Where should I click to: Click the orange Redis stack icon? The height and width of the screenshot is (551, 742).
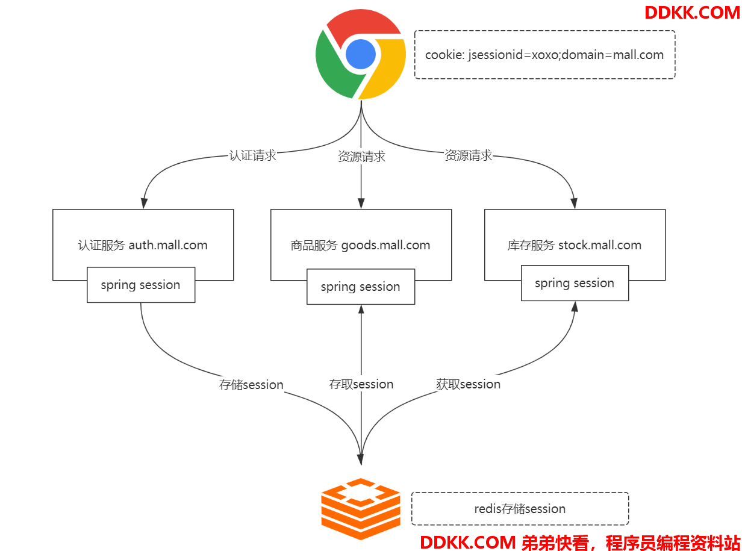[360, 509]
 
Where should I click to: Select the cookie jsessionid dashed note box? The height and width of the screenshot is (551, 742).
[544, 55]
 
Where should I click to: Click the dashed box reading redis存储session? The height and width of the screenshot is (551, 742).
[520, 509]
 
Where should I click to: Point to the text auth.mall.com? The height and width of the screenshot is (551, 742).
[168, 245]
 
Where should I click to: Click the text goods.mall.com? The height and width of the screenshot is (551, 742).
[385, 245]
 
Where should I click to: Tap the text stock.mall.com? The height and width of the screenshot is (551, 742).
[599, 245]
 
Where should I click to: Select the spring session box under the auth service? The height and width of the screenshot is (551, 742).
[141, 285]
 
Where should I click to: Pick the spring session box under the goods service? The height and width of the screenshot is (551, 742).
[361, 287]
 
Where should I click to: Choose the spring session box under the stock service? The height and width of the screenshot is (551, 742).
[575, 283]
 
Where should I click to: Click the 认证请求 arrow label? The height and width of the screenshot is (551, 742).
[252, 155]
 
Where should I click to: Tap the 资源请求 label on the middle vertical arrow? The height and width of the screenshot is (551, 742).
[361, 157]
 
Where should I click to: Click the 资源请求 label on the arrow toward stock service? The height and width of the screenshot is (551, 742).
[468, 155]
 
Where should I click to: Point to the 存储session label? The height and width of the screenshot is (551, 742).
[251, 385]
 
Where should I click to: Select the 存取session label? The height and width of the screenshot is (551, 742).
[361, 384]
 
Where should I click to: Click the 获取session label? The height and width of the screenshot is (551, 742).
[468, 384]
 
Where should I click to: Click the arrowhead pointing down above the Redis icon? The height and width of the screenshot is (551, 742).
[361, 459]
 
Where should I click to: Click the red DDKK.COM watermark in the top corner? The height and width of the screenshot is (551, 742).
[692, 12]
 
